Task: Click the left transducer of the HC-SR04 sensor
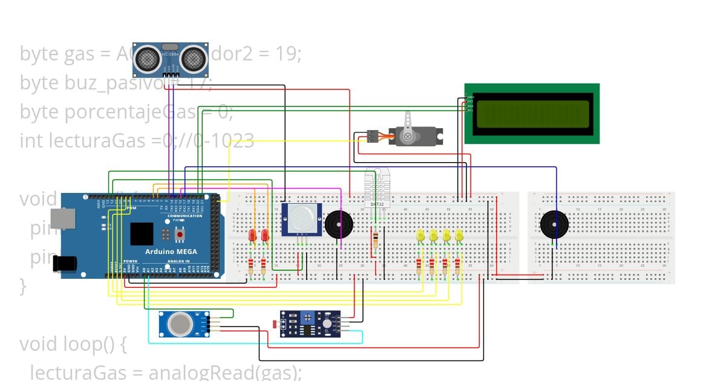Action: tap(146, 58)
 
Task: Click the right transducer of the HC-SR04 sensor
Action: tap(193, 58)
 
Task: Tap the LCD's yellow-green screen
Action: tap(532, 114)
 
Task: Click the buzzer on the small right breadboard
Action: tap(554, 224)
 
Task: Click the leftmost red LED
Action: tap(252, 235)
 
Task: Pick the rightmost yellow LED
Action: tap(459, 235)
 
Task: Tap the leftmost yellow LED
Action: tap(420, 235)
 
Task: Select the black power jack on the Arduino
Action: tap(65, 262)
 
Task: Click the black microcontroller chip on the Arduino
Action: tap(142, 234)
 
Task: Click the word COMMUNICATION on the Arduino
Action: tap(185, 216)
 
